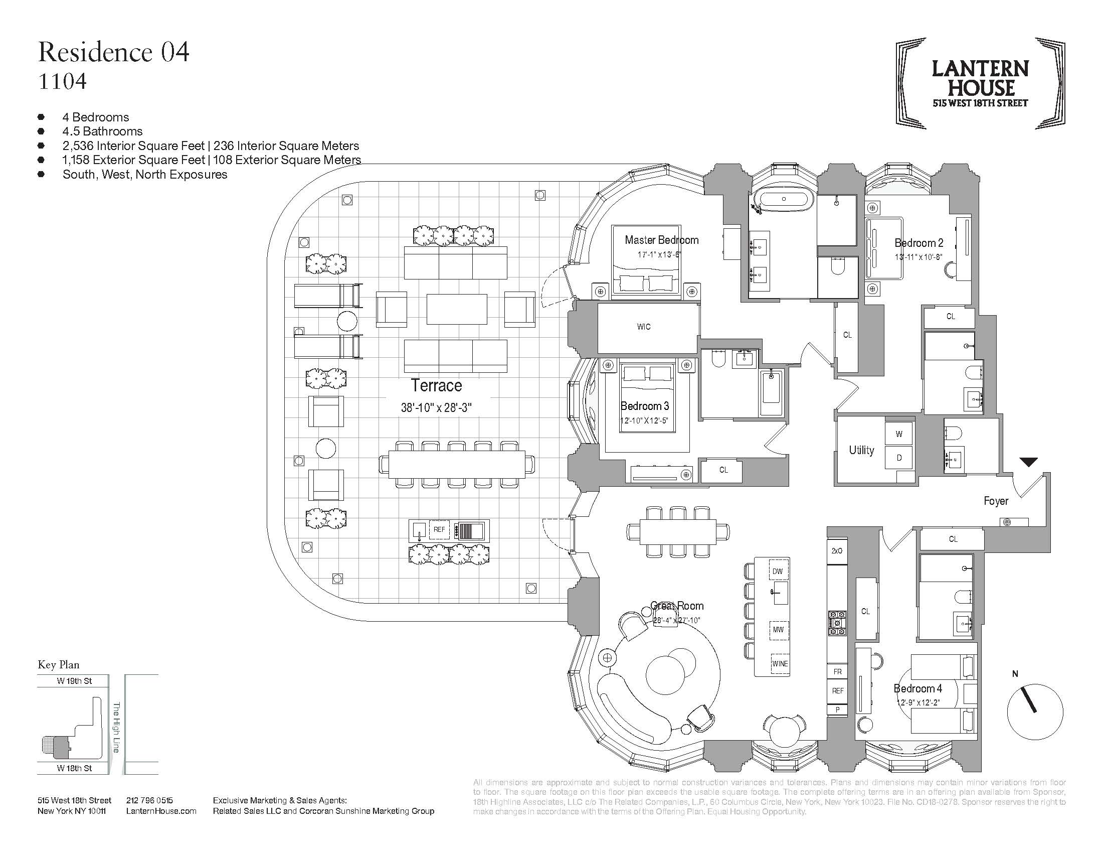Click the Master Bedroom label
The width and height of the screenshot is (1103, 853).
click(662, 240)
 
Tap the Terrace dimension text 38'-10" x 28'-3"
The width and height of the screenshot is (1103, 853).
click(436, 407)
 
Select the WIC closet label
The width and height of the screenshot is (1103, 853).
click(644, 327)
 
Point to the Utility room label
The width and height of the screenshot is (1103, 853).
click(861, 450)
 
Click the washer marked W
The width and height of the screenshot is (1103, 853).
click(899, 434)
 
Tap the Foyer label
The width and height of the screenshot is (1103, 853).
click(996, 501)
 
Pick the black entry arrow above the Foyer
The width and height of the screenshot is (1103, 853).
click(1028, 462)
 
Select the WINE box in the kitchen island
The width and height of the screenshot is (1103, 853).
click(780, 663)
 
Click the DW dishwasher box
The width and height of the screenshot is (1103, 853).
click(777, 572)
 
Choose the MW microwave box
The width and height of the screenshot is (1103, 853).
click(778, 630)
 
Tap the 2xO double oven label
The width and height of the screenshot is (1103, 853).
click(837, 551)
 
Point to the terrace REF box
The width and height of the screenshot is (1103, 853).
click(439, 529)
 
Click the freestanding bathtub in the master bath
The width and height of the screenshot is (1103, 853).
click(784, 200)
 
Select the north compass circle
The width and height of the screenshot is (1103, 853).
click(1035, 712)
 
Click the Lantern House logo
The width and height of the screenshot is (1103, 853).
click(980, 83)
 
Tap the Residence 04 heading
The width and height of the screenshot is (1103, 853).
click(114, 53)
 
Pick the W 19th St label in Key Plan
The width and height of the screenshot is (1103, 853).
click(74, 681)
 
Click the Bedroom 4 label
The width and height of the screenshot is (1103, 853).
click(917, 688)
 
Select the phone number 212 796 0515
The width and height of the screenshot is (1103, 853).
click(149, 800)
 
